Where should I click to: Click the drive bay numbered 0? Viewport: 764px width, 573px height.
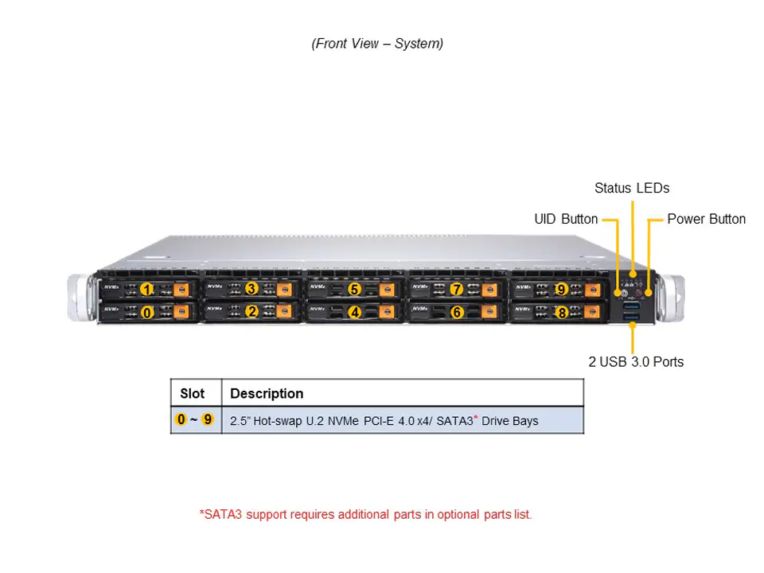(x=147, y=313)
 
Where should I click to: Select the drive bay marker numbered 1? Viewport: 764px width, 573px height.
(x=147, y=288)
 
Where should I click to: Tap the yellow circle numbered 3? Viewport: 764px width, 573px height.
(x=251, y=288)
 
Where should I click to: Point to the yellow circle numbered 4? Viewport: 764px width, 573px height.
(x=355, y=313)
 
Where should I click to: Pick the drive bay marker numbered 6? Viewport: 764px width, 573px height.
(x=457, y=313)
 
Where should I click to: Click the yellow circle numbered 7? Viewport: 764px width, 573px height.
(x=457, y=288)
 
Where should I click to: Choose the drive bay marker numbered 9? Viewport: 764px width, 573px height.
(x=561, y=288)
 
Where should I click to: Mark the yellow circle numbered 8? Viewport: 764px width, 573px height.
(x=561, y=313)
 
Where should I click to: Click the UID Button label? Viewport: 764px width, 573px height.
(x=566, y=219)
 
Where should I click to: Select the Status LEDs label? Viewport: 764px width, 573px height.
(x=632, y=189)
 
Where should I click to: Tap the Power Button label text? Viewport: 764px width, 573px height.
(x=706, y=219)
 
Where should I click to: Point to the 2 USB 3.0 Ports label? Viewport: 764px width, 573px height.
(x=636, y=361)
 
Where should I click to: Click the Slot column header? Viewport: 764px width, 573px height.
(x=193, y=393)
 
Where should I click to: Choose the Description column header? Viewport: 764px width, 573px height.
(x=267, y=393)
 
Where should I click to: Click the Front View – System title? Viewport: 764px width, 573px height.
(x=377, y=44)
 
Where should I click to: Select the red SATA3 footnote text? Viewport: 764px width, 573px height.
(x=365, y=514)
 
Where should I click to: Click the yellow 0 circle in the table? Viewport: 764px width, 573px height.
(x=181, y=419)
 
